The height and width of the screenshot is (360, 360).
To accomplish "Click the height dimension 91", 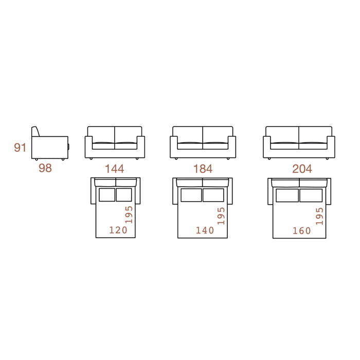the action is pos(20,148).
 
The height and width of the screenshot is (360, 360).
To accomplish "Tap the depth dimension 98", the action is pos(45,168).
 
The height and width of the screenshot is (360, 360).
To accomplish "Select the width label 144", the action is pos(115,169).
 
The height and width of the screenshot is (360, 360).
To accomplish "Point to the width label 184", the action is pos(203,169).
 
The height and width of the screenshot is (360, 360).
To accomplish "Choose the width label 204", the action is pos(302,169).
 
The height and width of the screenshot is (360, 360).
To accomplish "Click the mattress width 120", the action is pos(118,230).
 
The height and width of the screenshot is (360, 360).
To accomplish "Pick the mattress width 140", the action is pos(205,230).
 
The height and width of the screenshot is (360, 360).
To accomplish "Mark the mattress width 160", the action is pos(302,231).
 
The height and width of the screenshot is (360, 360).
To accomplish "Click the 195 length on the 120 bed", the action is pos(129,214).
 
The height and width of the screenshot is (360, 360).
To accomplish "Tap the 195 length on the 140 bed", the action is pos(221,216).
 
